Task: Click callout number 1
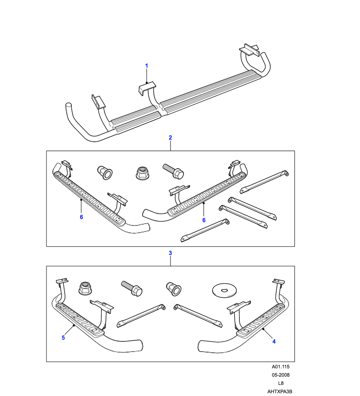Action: click(146, 65)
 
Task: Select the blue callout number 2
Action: click(170, 138)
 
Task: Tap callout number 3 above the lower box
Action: click(170, 253)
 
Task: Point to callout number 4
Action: click(274, 341)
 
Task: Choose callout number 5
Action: click(63, 337)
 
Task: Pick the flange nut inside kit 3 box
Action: click(85, 287)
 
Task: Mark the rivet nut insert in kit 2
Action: click(104, 173)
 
